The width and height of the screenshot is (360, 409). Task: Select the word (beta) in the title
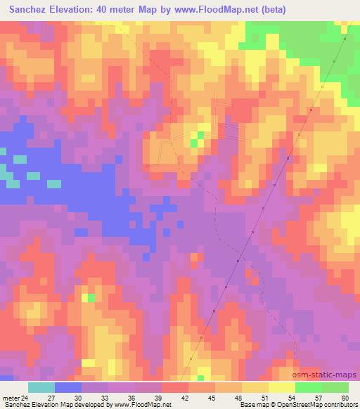coord(271,10)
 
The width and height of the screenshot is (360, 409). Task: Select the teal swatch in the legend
coord(42,387)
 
